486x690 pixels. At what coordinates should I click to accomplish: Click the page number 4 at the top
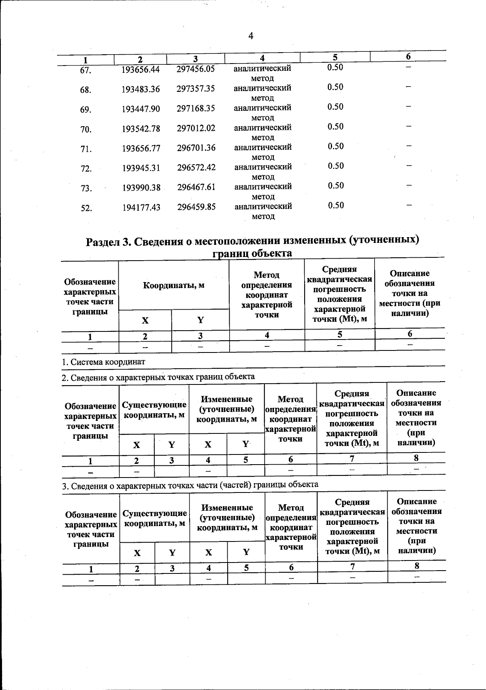(x=250, y=36)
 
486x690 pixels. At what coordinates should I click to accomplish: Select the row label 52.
(x=86, y=208)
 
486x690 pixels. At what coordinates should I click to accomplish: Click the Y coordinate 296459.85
(x=196, y=207)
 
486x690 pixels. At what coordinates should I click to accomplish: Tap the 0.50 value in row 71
(x=335, y=146)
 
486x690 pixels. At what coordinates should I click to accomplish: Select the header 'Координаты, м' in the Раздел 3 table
(x=173, y=285)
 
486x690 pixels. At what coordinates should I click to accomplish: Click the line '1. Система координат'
(x=103, y=362)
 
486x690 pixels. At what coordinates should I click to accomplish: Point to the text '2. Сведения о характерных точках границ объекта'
(x=158, y=377)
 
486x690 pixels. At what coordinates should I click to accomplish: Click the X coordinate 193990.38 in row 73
(x=141, y=188)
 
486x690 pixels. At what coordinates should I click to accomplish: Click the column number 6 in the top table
(x=409, y=56)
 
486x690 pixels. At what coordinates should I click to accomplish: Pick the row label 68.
(x=85, y=90)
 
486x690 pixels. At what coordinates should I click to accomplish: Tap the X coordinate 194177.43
(x=141, y=208)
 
